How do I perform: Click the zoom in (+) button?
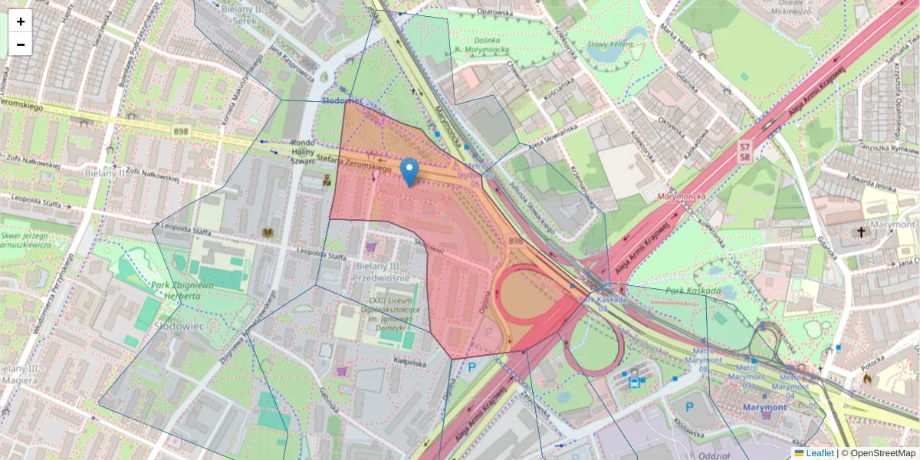21,21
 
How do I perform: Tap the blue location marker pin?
409,172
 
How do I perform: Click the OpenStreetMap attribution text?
881,453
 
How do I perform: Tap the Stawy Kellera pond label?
609,44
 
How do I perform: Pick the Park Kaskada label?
693,291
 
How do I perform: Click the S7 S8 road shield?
744,152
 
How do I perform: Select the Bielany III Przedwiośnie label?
383,272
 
